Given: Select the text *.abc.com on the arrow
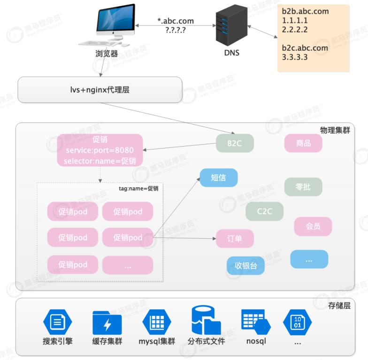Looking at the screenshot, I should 176,21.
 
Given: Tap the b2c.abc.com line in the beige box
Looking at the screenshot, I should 305,48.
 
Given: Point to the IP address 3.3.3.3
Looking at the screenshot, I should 295,57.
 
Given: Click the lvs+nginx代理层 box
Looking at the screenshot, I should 100,89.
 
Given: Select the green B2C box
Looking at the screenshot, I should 235,143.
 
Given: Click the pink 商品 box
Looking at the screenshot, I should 303,143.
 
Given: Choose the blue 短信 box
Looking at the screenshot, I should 219,178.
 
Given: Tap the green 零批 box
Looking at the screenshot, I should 303,187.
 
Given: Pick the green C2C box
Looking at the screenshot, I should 264,211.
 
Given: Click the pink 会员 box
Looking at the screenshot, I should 313,227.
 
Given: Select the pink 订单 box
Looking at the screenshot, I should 235,239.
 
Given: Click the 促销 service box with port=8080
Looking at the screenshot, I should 100,150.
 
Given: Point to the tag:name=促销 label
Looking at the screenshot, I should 138,188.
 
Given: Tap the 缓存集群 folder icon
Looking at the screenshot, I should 107,322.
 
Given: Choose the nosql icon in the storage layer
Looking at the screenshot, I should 256,321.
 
